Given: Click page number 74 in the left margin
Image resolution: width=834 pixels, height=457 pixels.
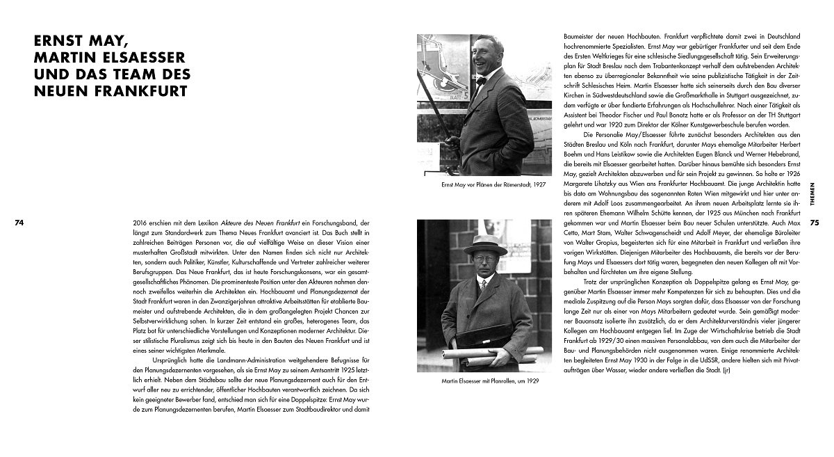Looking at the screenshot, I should [x=19, y=223].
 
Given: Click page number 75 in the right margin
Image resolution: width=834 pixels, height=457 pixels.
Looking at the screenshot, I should [x=815, y=223].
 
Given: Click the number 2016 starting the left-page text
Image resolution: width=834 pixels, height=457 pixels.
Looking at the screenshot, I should [x=140, y=221].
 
